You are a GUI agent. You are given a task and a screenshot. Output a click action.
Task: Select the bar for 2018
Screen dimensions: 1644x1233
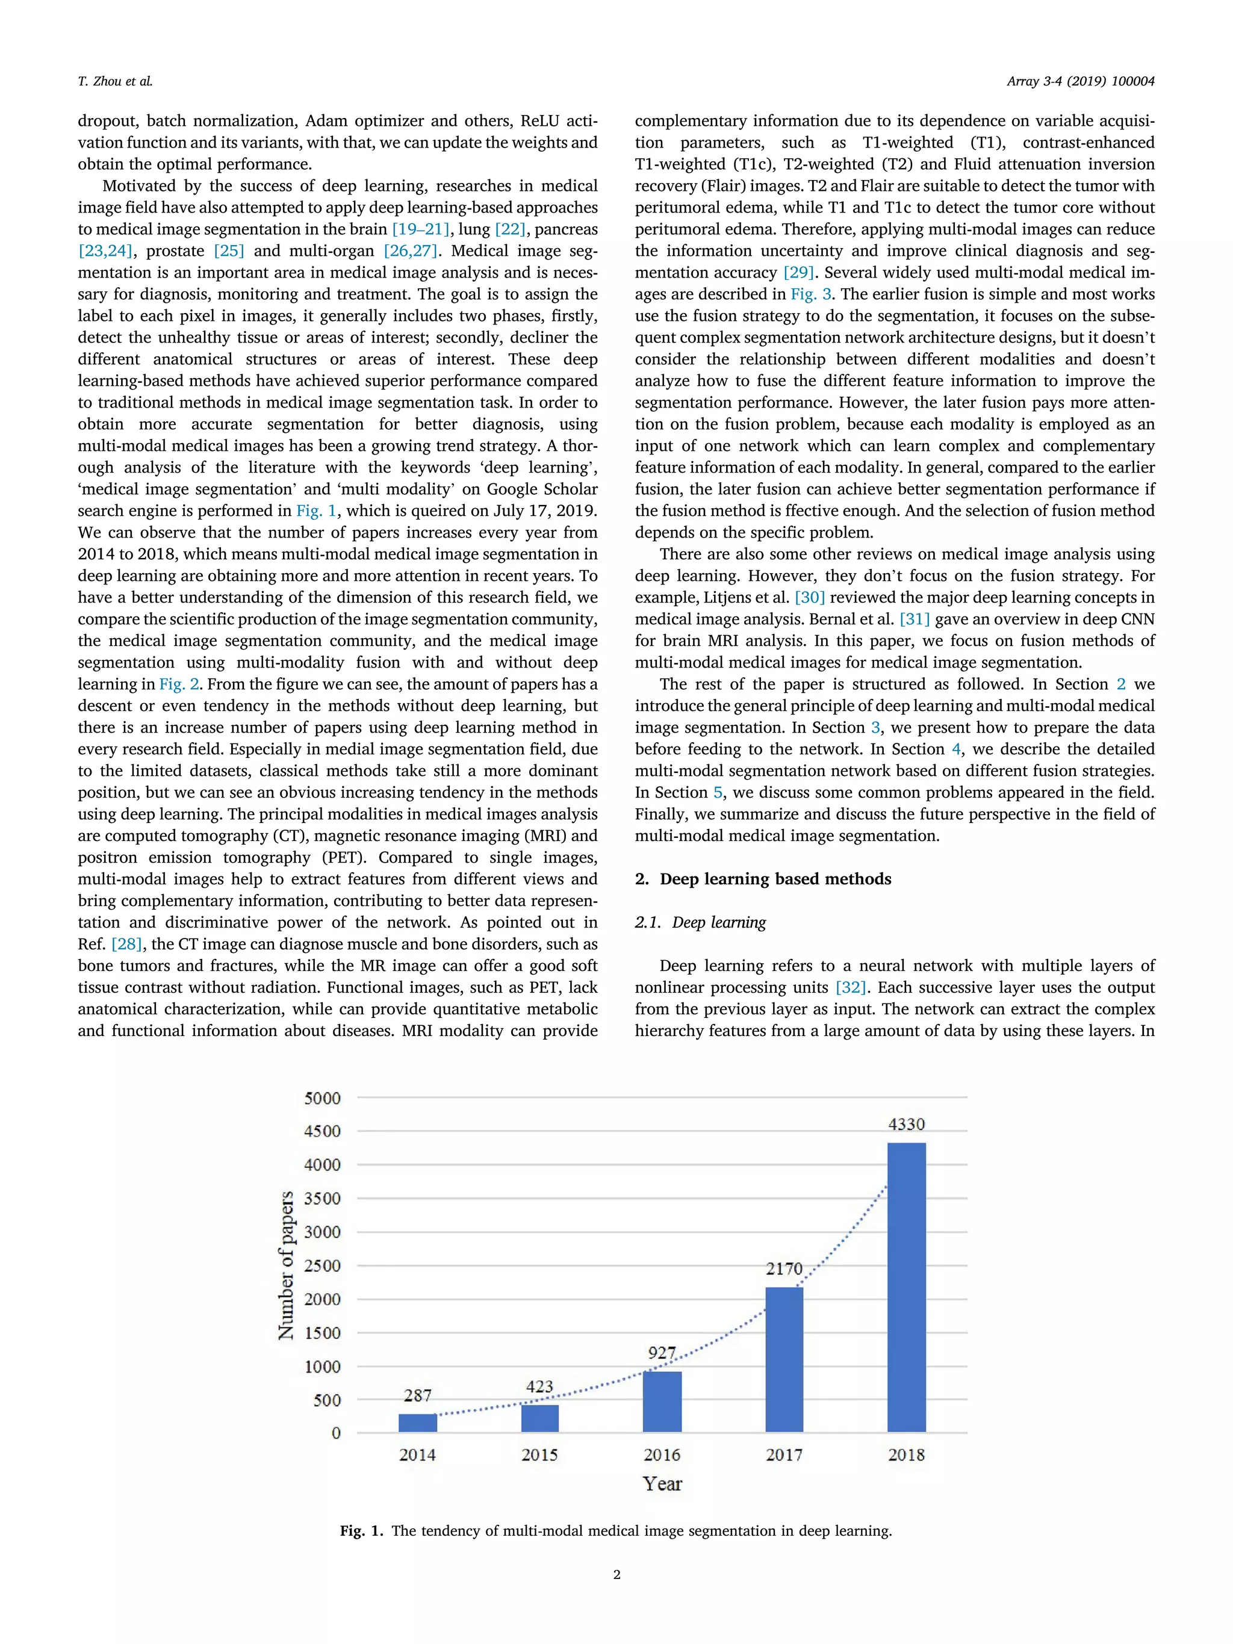click(906, 1286)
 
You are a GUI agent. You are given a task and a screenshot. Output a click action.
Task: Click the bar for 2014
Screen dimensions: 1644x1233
click(418, 1422)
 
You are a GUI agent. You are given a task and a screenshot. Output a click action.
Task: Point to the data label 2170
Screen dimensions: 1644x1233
click(784, 1268)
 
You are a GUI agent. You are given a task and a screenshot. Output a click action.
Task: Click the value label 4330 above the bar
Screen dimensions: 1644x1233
click(906, 1124)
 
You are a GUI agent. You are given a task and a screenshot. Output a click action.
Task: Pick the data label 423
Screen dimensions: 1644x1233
click(539, 1386)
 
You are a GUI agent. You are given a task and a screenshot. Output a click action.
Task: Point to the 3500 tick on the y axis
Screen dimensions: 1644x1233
click(322, 1198)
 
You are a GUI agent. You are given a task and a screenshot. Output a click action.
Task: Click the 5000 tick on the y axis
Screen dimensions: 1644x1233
click(322, 1098)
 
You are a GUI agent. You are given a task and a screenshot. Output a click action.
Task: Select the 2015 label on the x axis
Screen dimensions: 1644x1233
click(539, 1454)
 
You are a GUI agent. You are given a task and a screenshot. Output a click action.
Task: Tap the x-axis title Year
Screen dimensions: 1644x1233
click(662, 1483)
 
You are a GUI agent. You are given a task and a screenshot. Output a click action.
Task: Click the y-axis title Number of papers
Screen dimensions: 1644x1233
click(286, 1265)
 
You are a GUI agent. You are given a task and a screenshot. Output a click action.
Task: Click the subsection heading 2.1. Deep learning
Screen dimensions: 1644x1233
click(700, 922)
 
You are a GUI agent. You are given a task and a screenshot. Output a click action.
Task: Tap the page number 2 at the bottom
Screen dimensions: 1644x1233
click(616, 1574)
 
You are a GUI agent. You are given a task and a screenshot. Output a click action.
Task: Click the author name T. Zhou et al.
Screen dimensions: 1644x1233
click(115, 81)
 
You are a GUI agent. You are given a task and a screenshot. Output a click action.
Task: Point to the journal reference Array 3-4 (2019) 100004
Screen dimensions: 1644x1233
click(1080, 81)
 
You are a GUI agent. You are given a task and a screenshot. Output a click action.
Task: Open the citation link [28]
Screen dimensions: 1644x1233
click(126, 944)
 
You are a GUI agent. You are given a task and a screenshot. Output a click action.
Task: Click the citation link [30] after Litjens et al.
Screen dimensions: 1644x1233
click(809, 598)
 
